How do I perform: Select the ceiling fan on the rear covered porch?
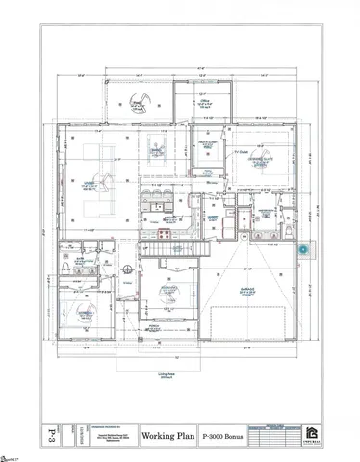pos(126,101)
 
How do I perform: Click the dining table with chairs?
pos(157,153)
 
